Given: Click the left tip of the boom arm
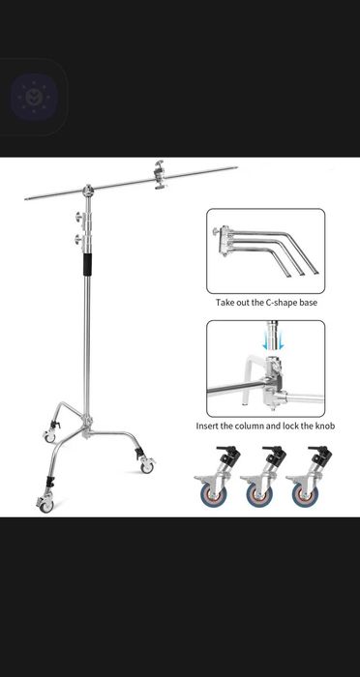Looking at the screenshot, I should [27, 199].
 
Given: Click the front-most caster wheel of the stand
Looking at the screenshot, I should [45, 501].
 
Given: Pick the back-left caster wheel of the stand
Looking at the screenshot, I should [50, 436].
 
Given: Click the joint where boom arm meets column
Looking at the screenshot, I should [89, 190].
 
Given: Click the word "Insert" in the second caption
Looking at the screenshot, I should [211, 426].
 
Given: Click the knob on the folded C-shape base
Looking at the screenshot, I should [216, 232].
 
